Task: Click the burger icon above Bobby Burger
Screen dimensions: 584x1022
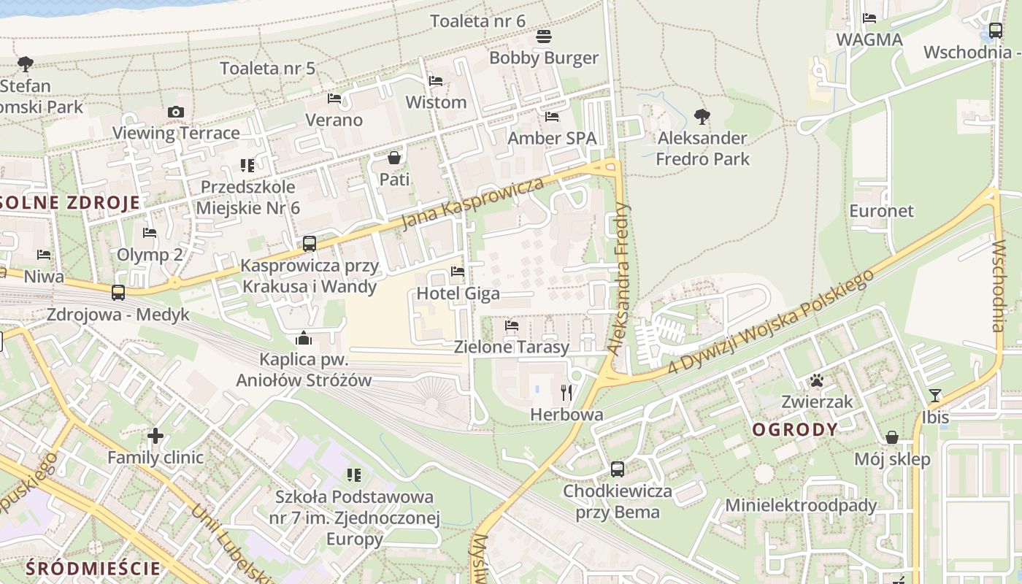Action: (x=543, y=36)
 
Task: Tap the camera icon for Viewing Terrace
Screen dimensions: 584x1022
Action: (x=176, y=112)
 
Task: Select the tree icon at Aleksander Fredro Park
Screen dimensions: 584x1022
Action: (x=702, y=116)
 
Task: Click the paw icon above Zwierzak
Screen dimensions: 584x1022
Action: (x=816, y=380)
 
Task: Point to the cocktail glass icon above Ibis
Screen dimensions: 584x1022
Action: (x=935, y=396)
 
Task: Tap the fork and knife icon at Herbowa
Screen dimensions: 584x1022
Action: (x=566, y=393)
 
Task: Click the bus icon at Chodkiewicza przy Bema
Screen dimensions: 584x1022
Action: (x=618, y=469)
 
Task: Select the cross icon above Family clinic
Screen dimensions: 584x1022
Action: (x=155, y=436)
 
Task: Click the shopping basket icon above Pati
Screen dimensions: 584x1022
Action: (x=394, y=158)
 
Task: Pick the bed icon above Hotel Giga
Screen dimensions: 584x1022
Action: (x=458, y=272)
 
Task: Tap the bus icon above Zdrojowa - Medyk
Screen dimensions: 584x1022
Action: (x=118, y=293)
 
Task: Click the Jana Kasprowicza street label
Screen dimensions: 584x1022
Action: (x=473, y=202)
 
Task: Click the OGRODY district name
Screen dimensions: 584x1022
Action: (x=795, y=429)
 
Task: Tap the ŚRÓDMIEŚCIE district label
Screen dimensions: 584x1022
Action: (x=93, y=568)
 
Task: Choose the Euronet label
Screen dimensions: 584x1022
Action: (x=881, y=211)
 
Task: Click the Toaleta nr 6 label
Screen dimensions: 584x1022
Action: (x=477, y=20)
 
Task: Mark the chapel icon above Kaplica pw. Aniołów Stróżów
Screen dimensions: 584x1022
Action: (x=304, y=338)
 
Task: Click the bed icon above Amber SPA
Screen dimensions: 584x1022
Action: (x=552, y=116)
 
